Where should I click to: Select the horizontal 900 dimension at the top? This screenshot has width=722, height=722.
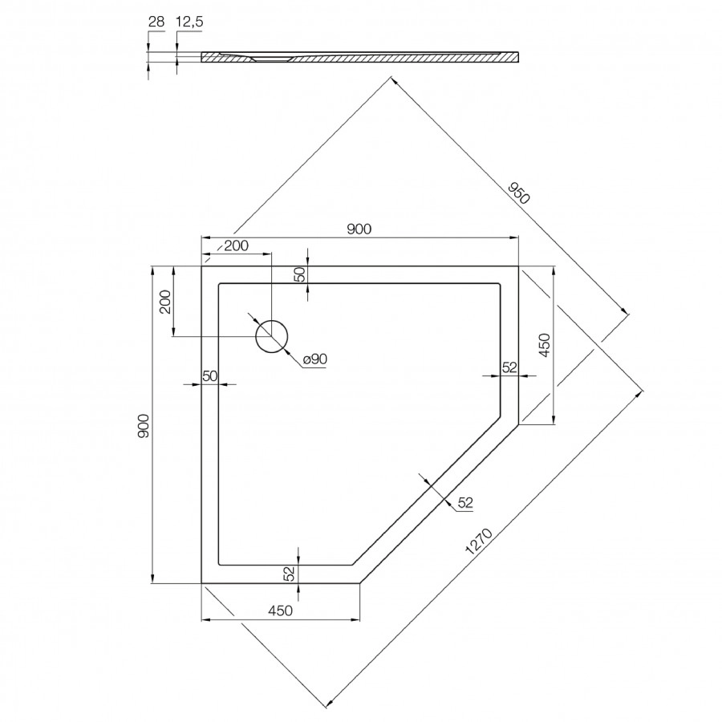click(x=359, y=229)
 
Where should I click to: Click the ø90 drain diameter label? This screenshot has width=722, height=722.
click(x=315, y=360)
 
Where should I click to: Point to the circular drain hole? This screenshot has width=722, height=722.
click(x=271, y=335)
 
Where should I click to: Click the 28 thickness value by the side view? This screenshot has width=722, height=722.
click(x=156, y=22)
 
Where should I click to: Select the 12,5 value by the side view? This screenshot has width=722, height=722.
click(x=189, y=22)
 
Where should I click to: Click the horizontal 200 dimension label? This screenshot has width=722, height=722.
click(x=236, y=246)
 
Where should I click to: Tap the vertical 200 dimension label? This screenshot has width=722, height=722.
click(x=165, y=301)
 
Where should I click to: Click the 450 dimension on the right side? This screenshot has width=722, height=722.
click(x=544, y=345)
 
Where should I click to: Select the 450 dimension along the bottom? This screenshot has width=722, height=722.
click(x=278, y=611)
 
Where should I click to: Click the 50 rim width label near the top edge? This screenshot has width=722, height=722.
click(x=300, y=274)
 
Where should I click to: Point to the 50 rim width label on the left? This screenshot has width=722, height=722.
click(x=210, y=375)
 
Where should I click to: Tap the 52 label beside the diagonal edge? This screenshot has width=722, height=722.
click(x=465, y=503)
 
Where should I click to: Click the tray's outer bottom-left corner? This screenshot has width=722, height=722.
click(x=201, y=583)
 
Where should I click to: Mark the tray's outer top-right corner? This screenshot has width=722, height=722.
click(x=518, y=266)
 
